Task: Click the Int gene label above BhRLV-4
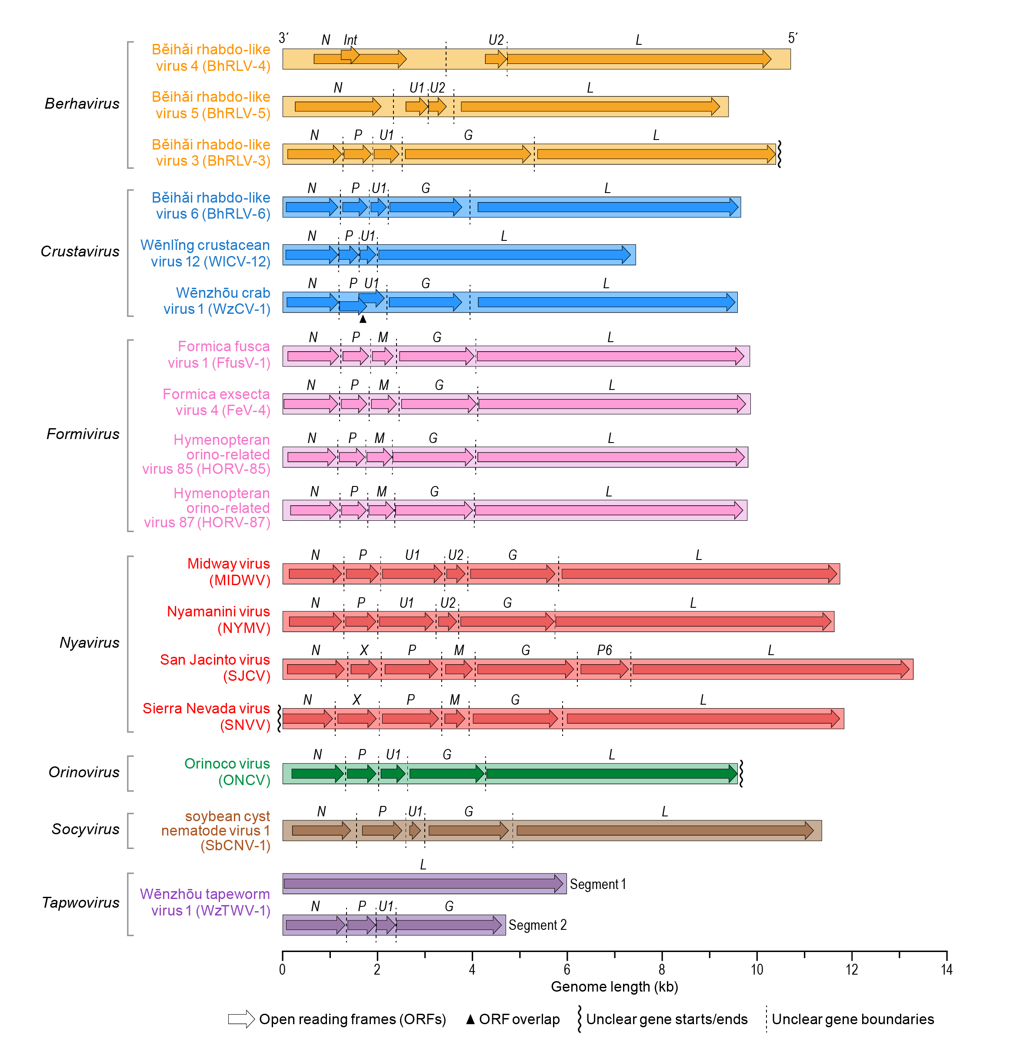(x=350, y=40)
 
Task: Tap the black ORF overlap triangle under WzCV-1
(x=363, y=319)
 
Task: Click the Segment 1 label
(x=598, y=884)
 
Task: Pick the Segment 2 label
(x=537, y=926)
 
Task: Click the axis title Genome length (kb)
(x=614, y=987)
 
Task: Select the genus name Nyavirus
(x=89, y=643)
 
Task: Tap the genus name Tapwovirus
(x=81, y=903)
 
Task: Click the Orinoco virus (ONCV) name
(x=227, y=772)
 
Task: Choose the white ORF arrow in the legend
(x=241, y=1019)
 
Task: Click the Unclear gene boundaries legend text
(x=853, y=1019)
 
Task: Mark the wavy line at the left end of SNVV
(x=279, y=718)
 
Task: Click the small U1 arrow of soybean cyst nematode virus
(x=415, y=830)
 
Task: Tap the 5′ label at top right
(x=793, y=38)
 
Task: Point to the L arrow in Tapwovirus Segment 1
(x=423, y=884)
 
